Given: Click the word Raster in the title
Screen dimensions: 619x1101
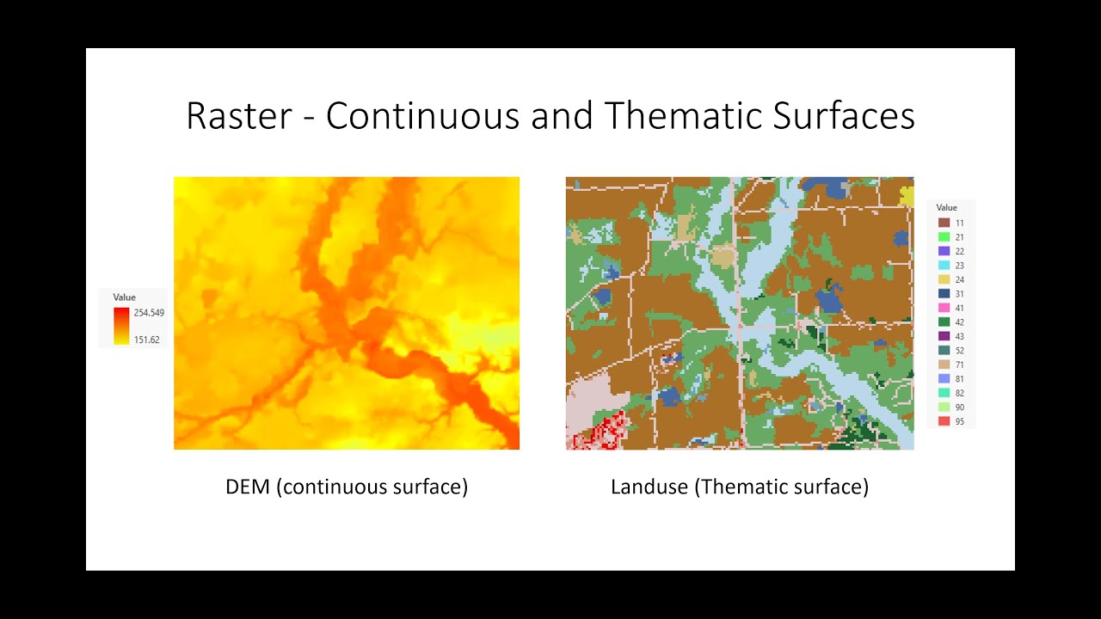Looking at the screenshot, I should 238,116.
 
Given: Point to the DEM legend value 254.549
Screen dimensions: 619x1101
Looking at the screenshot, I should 149,313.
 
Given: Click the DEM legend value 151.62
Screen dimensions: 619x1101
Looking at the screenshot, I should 146,340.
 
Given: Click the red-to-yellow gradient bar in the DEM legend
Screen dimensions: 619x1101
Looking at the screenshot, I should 121,326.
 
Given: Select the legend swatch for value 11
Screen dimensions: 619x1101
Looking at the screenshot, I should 944,223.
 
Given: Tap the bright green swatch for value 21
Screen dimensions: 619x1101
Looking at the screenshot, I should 944,237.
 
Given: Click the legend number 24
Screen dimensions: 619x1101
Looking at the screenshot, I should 959,279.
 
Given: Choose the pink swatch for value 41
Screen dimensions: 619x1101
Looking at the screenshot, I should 944,308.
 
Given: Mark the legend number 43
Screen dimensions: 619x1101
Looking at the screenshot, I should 959,336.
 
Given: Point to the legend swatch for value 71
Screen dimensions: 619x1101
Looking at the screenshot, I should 944,365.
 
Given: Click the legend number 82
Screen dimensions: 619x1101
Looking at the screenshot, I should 959,393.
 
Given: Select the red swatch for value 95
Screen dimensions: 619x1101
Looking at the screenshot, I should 944,421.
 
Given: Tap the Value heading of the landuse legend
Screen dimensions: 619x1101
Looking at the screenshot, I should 947,208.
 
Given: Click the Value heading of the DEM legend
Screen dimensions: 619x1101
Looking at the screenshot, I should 125,297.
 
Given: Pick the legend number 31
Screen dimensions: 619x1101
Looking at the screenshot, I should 959,294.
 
